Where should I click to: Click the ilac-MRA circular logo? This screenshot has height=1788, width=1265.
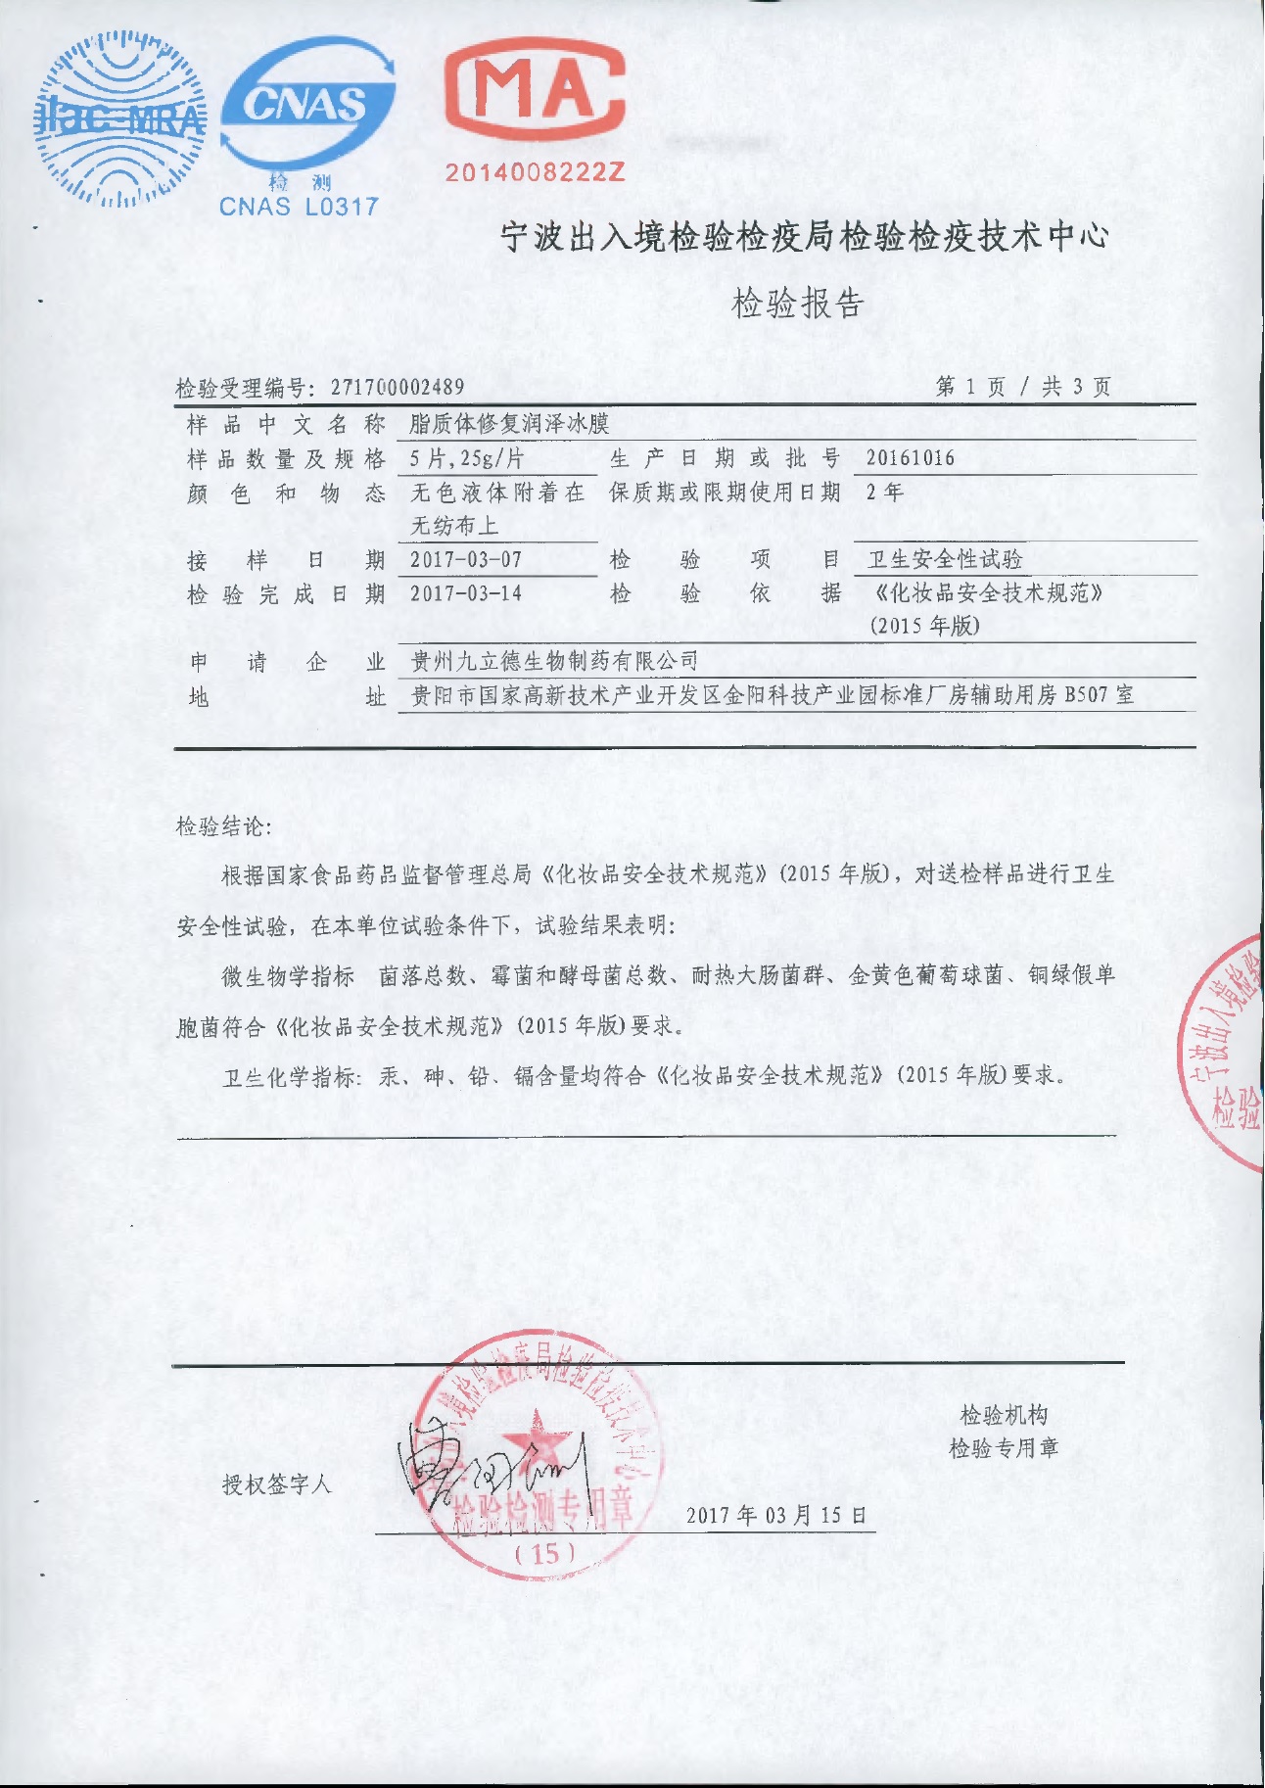coord(121,119)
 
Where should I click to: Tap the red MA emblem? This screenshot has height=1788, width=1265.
coord(535,93)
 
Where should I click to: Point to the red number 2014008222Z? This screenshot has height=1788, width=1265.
coord(535,173)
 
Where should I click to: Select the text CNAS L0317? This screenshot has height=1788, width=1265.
coord(299,207)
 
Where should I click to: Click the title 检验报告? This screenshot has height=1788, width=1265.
coord(798,304)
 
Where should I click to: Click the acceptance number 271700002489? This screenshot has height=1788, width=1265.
coord(398,388)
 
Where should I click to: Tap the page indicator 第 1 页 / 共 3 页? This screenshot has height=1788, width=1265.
coord(1023,387)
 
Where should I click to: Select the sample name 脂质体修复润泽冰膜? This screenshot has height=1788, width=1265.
coord(509,424)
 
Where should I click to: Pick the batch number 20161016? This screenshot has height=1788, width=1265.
coord(910,458)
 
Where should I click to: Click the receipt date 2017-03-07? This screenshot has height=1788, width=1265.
coord(466,560)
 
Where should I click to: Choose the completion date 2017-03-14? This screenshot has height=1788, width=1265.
coord(466,593)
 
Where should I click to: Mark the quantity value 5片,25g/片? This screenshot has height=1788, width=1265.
coord(467,458)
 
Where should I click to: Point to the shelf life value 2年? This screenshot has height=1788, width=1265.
coord(884,493)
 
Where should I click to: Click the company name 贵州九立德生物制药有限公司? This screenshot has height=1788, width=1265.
coord(554,662)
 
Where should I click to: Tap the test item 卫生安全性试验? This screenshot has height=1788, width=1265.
coord(945,560)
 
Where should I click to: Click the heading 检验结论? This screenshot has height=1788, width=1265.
coord(223,826)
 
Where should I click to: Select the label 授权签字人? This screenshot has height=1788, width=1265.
coord(277,1484)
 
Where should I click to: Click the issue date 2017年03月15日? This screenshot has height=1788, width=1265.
coord(776,1516)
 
